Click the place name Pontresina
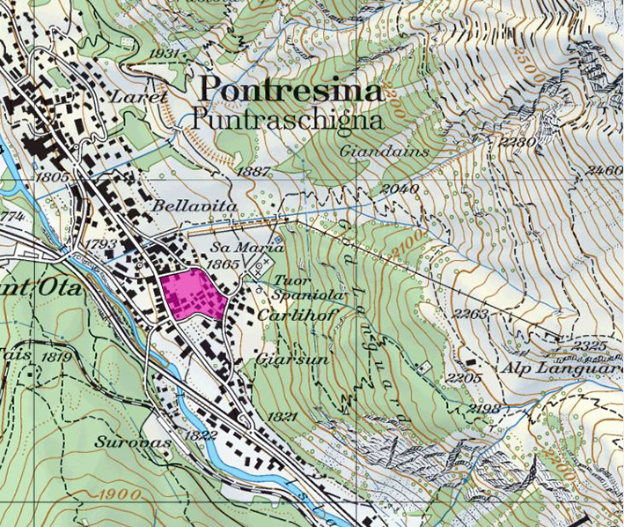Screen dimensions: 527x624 [x=291, y=91]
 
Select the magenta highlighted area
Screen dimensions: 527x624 [x=195, y=294]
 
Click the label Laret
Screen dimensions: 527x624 [x=139, y=96]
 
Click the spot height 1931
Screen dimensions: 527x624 [x=165, y=54]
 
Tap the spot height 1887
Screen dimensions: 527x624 [x=253, y=172]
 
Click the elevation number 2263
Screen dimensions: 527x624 [x=470, y=314]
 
